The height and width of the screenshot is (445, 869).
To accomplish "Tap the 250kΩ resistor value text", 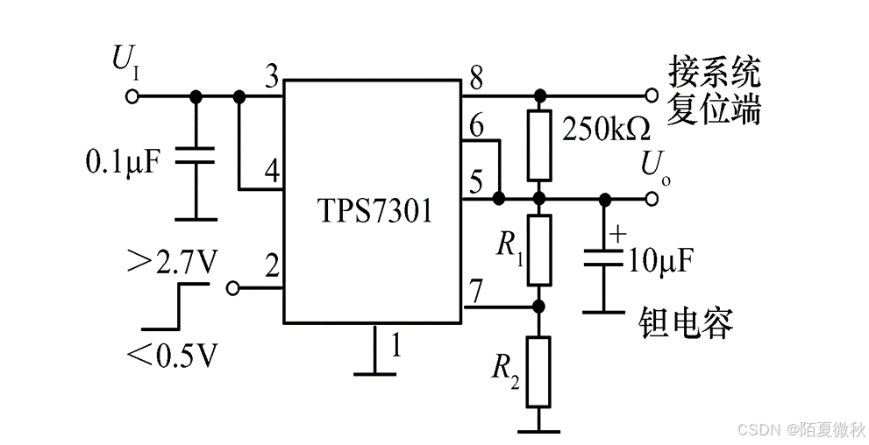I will point(605,130).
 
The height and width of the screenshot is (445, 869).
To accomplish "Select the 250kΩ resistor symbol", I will point(539,145).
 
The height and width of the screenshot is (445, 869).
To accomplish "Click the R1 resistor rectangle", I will point(539,250).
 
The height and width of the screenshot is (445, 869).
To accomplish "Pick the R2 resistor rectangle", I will point(539,371).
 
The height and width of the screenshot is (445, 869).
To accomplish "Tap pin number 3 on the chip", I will point(272,78).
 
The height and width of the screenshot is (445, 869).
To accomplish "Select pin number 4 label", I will point(272,172).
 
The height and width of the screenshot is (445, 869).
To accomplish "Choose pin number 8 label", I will point(475,78).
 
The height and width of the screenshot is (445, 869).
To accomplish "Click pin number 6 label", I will point(475,126).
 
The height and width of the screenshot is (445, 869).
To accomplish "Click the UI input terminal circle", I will point(132,96).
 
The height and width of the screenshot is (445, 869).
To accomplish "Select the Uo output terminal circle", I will point(650,199).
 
